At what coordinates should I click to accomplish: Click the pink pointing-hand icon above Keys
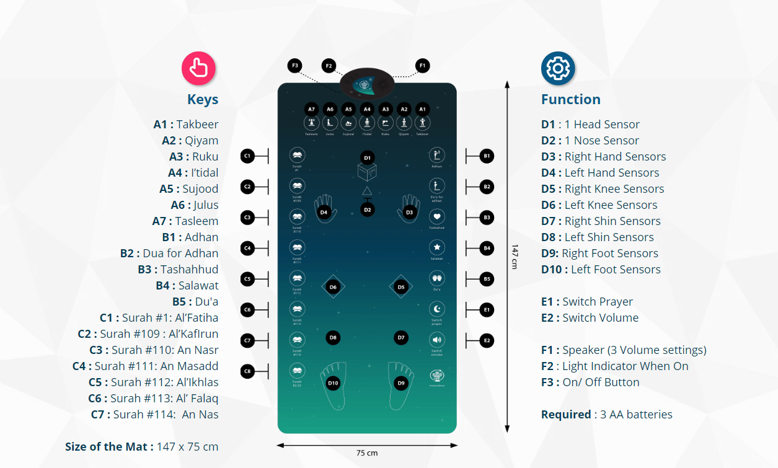[198, 68]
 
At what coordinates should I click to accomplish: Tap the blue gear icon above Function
[558, 68]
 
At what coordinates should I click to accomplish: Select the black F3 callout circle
[295, 65]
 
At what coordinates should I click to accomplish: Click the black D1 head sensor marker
[368, 157]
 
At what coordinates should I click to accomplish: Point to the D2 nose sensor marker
[368, 210]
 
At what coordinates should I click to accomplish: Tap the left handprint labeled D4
[324, 209]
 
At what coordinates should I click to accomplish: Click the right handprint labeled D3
[409, 209]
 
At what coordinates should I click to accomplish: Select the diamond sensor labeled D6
[333, 287]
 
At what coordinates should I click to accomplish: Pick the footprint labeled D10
[333, 384]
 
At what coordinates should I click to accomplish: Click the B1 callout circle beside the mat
[487, 156]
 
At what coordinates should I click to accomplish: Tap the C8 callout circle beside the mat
[247, 371]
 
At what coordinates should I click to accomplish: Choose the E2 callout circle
[487, 340]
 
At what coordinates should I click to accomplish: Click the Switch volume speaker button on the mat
[437, 340]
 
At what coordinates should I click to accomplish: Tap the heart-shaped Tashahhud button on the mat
[437, 217]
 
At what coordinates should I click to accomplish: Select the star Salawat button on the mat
[437, 247]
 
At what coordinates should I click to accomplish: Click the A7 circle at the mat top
[311, 109]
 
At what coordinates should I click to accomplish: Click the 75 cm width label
[367, 453]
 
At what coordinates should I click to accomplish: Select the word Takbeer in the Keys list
[197, 125]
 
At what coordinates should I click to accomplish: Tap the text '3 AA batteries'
[636, 415]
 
